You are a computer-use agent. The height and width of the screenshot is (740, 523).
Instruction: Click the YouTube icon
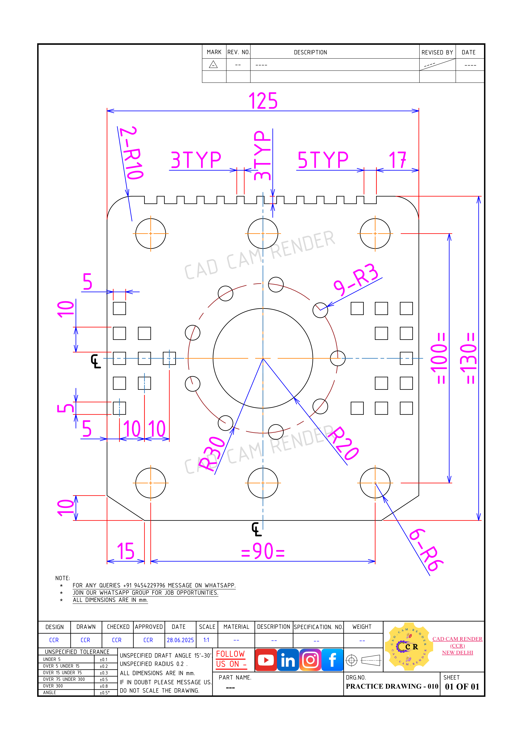tap(266, 660)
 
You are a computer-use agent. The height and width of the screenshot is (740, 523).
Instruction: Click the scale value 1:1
tap(206, 640)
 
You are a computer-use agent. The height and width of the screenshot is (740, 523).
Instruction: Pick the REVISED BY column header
tap(437, 52)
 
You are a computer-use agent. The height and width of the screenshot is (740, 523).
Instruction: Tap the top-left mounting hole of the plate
tap(151, 233)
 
